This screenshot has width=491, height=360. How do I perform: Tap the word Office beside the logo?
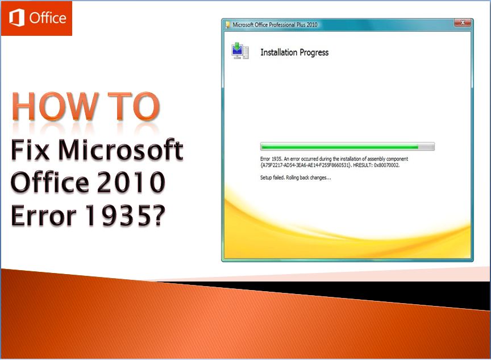point(48,18)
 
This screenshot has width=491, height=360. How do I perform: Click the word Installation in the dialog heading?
point(278,52)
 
